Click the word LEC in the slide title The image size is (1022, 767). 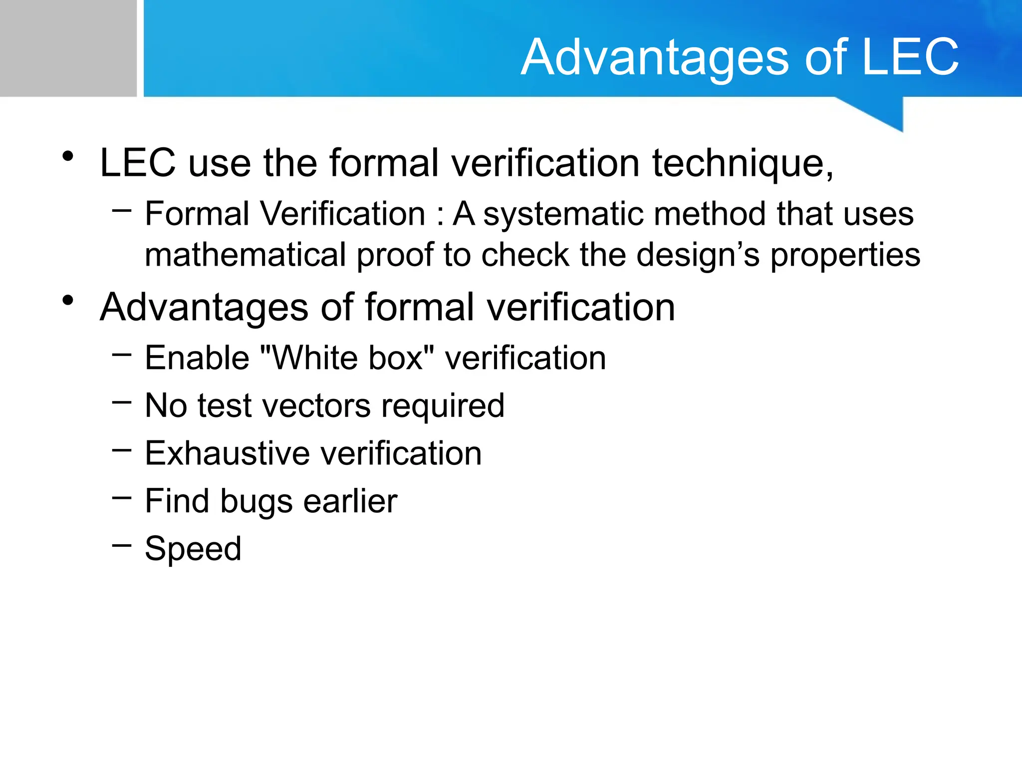point(909,57)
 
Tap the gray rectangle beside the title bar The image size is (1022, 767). point(68,48)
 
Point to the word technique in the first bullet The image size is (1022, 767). point(743,164)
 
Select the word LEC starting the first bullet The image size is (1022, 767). point(138,163)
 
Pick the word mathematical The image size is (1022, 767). point(245,255)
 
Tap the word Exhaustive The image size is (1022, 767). point(228,453)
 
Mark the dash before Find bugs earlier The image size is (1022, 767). point(122,497)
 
